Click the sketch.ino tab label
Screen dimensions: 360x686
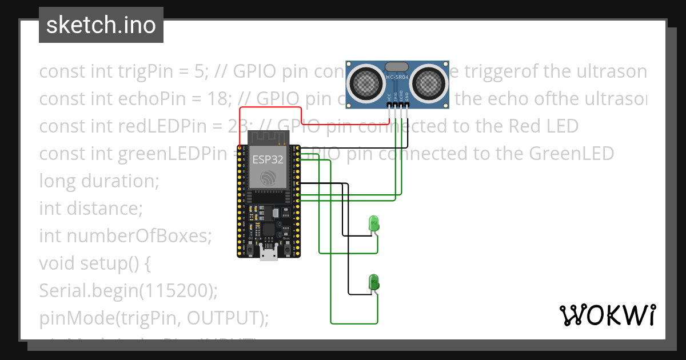101,25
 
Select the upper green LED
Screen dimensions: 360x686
374,223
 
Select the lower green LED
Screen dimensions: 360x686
374,281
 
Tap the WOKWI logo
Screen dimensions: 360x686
607,315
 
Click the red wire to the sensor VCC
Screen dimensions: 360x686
269,107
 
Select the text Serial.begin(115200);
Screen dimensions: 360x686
129,291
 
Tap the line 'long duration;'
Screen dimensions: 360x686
99,181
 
